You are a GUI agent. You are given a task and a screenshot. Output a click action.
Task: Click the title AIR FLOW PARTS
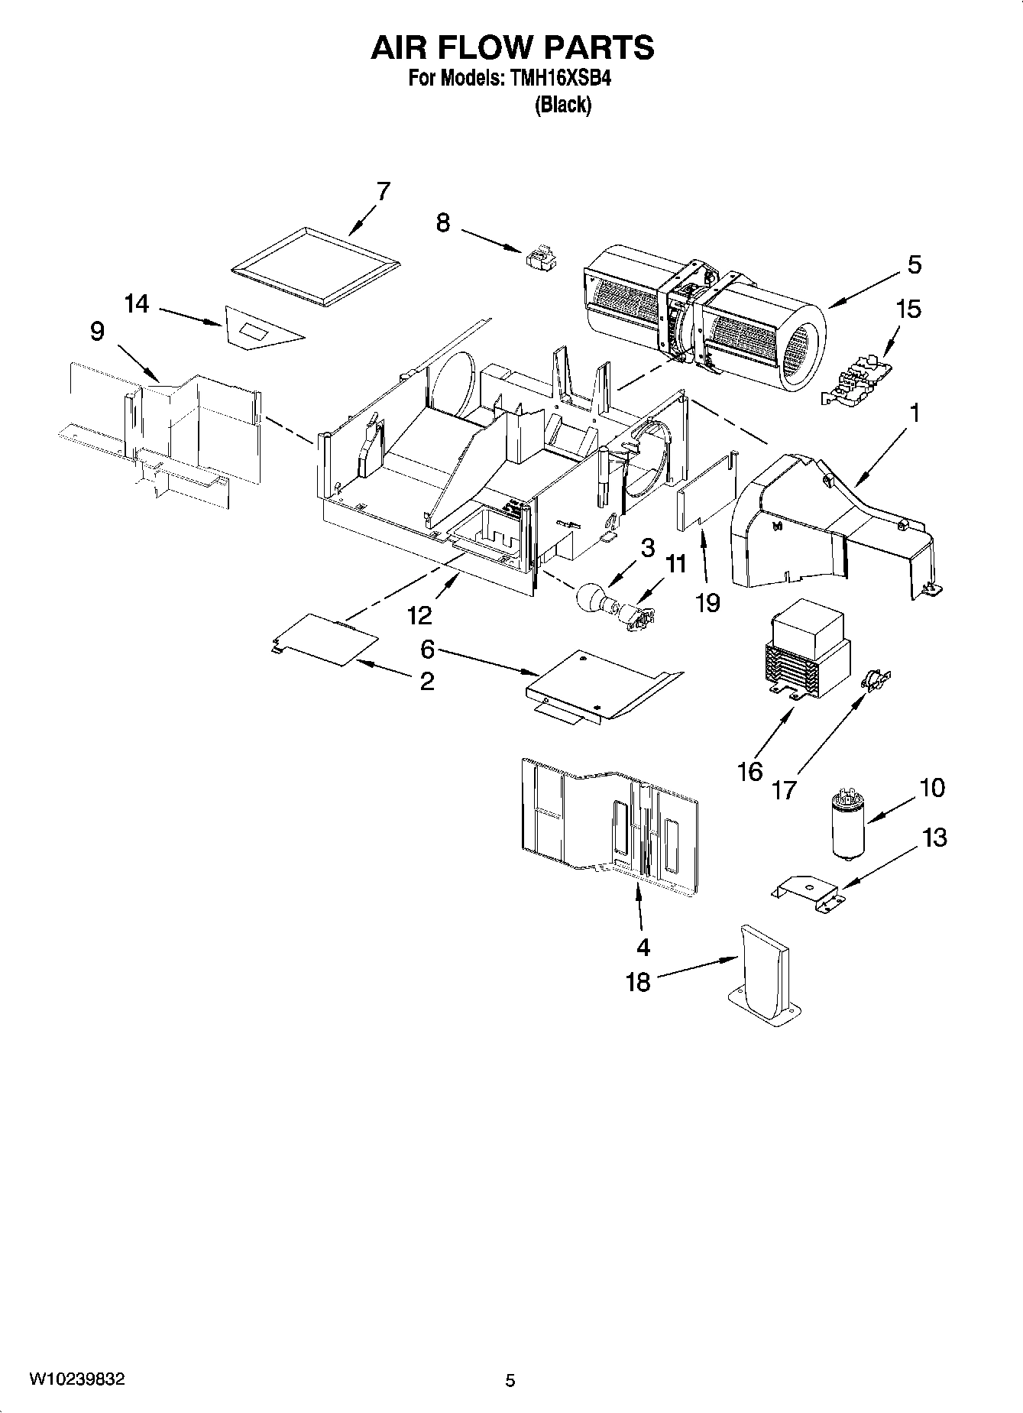click(x=512, y=47)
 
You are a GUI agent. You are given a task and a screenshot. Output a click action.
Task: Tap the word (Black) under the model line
click(x=563, y=105)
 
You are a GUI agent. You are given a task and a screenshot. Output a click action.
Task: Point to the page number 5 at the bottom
click(x=510, y=1380)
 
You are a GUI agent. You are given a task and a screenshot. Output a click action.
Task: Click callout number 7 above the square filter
click(x=383, y=191)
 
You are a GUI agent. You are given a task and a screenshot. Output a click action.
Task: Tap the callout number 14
click(x=137, y=304)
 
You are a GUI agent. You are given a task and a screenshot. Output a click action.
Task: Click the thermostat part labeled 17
click(x=875, y=678)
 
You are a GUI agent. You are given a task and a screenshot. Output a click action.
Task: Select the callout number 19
click(x=708, y=603)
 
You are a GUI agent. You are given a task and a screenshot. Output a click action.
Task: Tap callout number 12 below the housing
click(x=419, y=614)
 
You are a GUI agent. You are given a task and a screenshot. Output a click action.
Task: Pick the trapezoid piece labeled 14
click(x=260, y=329)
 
